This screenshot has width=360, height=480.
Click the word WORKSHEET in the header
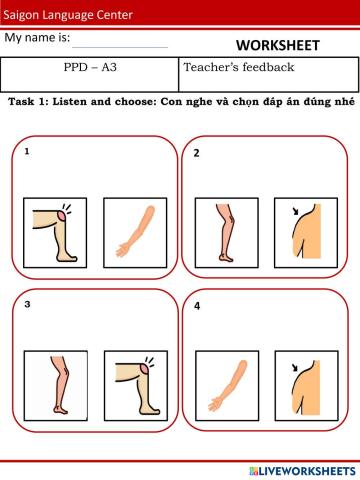[x=278, y=45]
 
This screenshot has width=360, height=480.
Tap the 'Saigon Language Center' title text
[x=68, y=15]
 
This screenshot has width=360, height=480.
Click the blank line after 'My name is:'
[x=120, y=47]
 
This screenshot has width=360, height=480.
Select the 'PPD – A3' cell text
[x=90, y=67]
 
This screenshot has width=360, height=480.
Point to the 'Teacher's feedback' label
[x=239, y=67]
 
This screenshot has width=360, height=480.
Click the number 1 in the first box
[x=27, y=151]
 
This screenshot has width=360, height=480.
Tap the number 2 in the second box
[x=197, y=153]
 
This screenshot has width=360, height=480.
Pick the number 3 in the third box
[x=27, y=304]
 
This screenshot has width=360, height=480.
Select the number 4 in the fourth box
[x=197, y=306]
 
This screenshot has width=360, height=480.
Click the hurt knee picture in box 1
[x=55, y=233]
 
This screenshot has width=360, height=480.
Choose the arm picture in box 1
[x=135, y=233]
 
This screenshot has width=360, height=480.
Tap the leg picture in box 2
[x=227, y=233]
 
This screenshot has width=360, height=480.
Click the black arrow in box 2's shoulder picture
[x=296, y=211]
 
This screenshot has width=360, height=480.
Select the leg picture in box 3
[x=56, y=386]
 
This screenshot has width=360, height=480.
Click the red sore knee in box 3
[x=145, y=369]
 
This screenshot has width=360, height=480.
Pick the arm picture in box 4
[x=227, y=386]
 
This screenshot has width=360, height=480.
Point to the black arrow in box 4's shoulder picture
[x=295, y=367]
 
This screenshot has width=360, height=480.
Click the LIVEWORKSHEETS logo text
[x=302, y=471]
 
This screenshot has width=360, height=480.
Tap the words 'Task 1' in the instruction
[x=29, y=101]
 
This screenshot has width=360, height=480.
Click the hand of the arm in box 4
[x=214, y=404]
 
